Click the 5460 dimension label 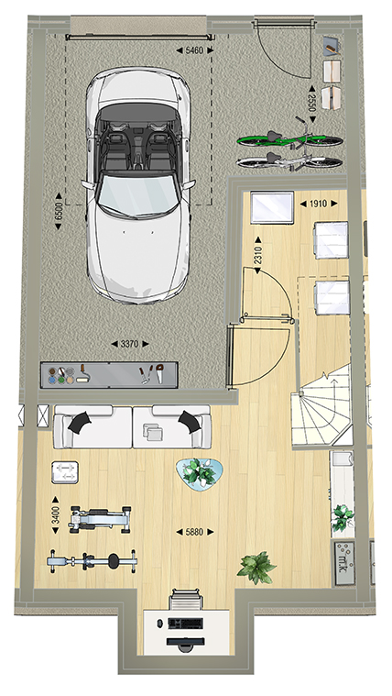tap(195, 50)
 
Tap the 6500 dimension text tap(59, 211)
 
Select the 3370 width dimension tap(129, 344)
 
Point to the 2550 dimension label tap(313, 105)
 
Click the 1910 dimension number tap(319, 204)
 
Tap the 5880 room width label tap(195, 532)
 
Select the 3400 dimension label tap(56, 515)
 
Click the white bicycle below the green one tap(290, 161)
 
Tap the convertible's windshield tap(138, 195)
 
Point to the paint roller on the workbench tap(82, 374)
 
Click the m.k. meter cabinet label tap(344, 563)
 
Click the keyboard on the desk tap(185, 624)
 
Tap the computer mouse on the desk tap(159, 624)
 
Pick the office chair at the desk tap(186, 599)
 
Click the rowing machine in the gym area tap(92, 561)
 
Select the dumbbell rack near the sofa tap(65, 472)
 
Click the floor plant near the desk tap(256, 568)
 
